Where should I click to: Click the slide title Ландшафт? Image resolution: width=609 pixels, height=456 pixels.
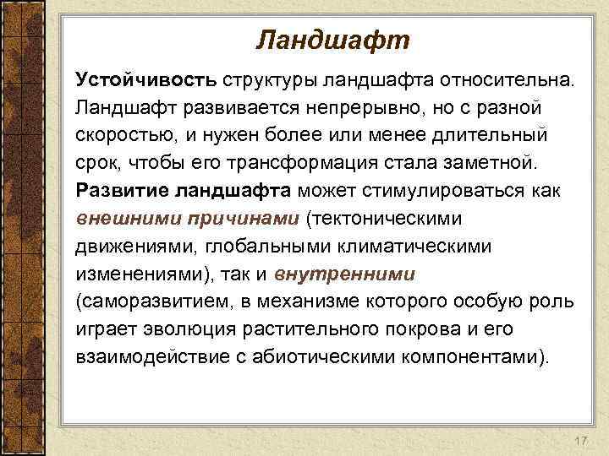(332, 40)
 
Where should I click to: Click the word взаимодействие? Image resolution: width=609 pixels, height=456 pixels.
(149, 356)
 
